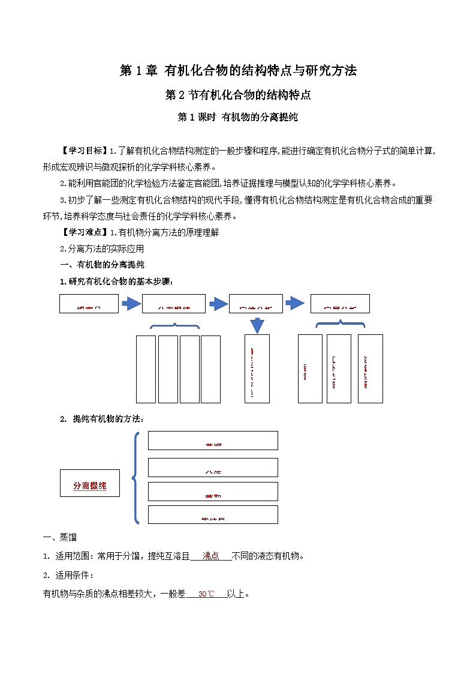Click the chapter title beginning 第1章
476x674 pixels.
coord(238,71)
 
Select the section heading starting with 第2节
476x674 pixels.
coord(238,95)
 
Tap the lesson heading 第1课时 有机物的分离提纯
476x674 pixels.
coord(238,118)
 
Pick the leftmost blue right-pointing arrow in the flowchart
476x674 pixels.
coord(131,304)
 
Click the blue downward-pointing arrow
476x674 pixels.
coord(257,325)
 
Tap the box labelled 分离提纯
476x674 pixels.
coord(90,485)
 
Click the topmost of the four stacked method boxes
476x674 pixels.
coord(213,440)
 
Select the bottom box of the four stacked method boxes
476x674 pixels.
coord(213,514)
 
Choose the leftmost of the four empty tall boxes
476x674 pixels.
coord(146,369)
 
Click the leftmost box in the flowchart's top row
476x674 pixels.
coord(89,304)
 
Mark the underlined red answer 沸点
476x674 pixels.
coord(210,556)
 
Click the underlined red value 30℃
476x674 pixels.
coord(206,594)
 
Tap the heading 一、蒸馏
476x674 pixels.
coord(60,537)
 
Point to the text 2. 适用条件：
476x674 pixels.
coord(68,575)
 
